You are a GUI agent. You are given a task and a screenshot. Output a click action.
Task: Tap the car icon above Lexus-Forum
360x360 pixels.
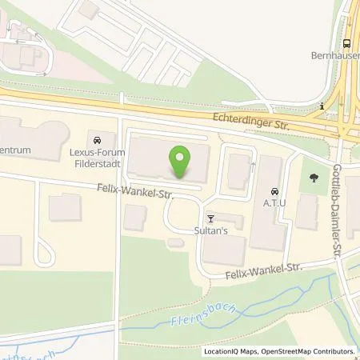click(x=98, y=140)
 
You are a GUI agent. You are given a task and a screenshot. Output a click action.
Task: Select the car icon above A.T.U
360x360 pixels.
click(x=274, y=191)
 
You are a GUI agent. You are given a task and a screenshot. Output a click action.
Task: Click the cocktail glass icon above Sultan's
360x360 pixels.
click(x=211, y=217)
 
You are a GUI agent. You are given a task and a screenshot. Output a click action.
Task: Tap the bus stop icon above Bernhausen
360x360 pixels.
click(x=347, y=44)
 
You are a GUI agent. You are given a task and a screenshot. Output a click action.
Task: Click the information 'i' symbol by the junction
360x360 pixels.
click(x=320, y=106)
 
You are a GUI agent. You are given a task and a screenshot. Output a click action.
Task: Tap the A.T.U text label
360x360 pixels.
click(x=274, y=202)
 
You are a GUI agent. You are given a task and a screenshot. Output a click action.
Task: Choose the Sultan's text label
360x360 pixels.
click(x=212, y=229)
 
